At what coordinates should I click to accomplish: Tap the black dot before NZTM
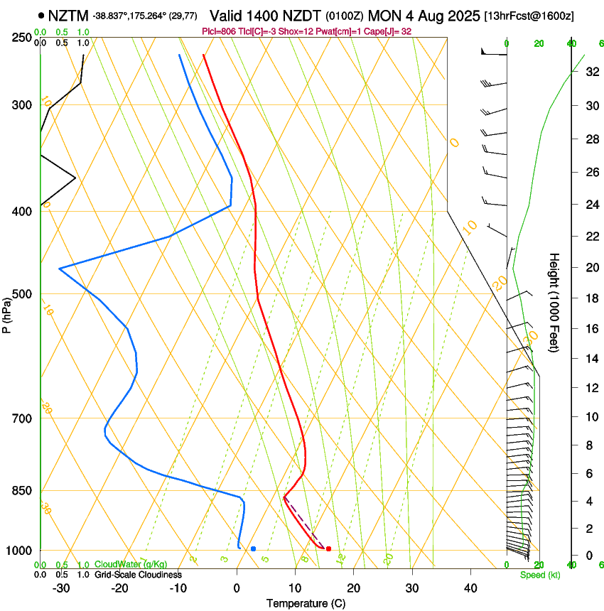[42, 15]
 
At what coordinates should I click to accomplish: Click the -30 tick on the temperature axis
[61, 588]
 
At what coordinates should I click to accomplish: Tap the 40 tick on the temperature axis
[470, 588]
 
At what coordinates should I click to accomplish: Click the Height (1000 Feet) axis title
[554, 302]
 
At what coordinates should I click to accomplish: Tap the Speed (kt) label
[539, 575]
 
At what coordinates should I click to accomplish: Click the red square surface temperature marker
[328, 548]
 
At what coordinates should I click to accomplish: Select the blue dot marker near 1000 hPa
[253, 548]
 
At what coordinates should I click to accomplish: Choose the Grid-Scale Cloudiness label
[138, 574]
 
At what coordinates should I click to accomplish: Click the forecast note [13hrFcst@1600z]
[529, 16]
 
